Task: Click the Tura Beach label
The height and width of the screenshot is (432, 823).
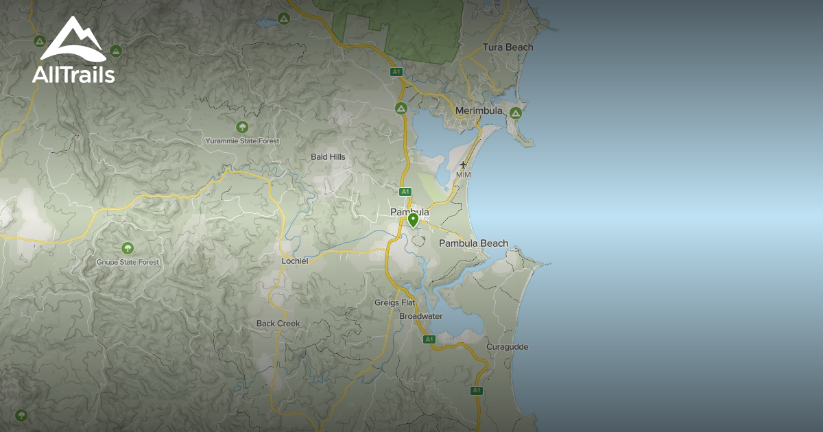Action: pyautogui.click(x=508, y=47)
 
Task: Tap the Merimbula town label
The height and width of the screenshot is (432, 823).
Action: pyautogui.click(x=479, y=110)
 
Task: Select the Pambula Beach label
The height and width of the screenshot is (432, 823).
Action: pyautogui.click(x=473, y=243)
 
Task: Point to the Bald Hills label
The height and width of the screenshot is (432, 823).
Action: pyautogui.click(x=328, y=157)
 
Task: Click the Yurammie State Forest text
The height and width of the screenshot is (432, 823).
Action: pyautogui.click(x=242, y=141)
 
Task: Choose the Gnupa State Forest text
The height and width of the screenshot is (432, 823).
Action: pyautogui.click(x=128, y=262)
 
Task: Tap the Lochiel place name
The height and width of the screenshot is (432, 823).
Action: pyautogui.click(x=296, y=261)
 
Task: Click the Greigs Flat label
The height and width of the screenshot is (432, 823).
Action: pyautogui.click(x=395, y=302)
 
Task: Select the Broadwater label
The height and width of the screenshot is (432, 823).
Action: pyautogui.click(x=420, y=316)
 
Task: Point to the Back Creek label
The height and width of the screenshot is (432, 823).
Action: pyautogui.click(x=278, y=324)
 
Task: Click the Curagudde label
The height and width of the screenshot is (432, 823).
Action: pyautogui.click(x=507, y=347)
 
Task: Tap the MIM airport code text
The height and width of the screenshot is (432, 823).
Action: pyautogui.click(x=464, y=176)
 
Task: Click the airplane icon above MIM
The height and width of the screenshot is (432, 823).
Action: pyautogui.click(x=464, y=165)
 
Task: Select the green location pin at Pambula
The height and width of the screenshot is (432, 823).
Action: pyautogui.click(x=413, y=219)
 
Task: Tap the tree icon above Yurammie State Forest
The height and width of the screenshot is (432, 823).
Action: pyautogui.click(x=241, y=127)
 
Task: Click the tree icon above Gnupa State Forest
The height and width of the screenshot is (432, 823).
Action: pyautogui.click(x=127, y=248)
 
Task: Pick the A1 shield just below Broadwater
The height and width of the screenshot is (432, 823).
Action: pyautogui.click(x=429, y=339)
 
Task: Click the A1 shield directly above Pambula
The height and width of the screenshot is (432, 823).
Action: pyautogui.click(x=405, y=191)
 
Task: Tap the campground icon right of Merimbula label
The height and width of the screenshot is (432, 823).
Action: pyautogui.click(x=516, y=112)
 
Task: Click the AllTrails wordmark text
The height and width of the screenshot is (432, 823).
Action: pyautogui.click(x=73, y=75)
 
